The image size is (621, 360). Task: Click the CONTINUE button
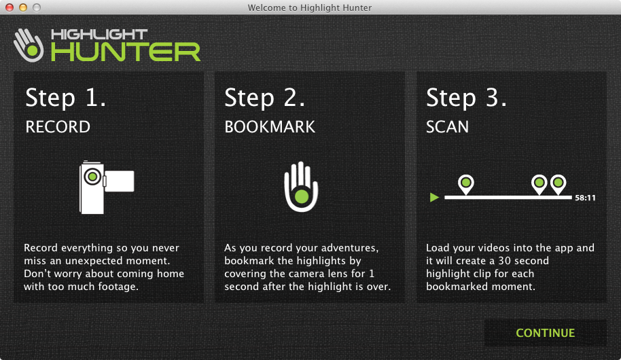click(x=546, y=333)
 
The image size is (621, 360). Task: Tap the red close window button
click(x=10, y=7)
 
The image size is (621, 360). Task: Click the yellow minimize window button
click(x=23, y=7)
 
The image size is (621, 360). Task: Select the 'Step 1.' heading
click(x=66, y=97)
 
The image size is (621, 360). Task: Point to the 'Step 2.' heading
click(x=264, y=97)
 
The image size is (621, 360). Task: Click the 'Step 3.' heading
click(x=466, y=97)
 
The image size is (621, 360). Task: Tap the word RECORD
click(x=58, y=127)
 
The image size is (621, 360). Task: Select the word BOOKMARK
click(x=270, y=127)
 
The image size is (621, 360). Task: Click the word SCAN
click(x=447, y=127)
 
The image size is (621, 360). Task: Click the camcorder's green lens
click(x=92, y=176)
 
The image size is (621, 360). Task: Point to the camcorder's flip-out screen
click(x=119, y=181)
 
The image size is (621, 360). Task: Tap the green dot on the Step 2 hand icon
click(x=302, y=196)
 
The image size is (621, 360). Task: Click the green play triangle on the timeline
click(x=434, y=197)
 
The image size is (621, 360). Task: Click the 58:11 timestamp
click(x=586, y=198)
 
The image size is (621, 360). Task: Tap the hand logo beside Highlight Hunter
click(x=29, y=45)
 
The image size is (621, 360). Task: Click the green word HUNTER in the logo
click(x=126, y=52)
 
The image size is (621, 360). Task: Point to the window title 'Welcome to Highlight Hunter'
click(x=310, y=7)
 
